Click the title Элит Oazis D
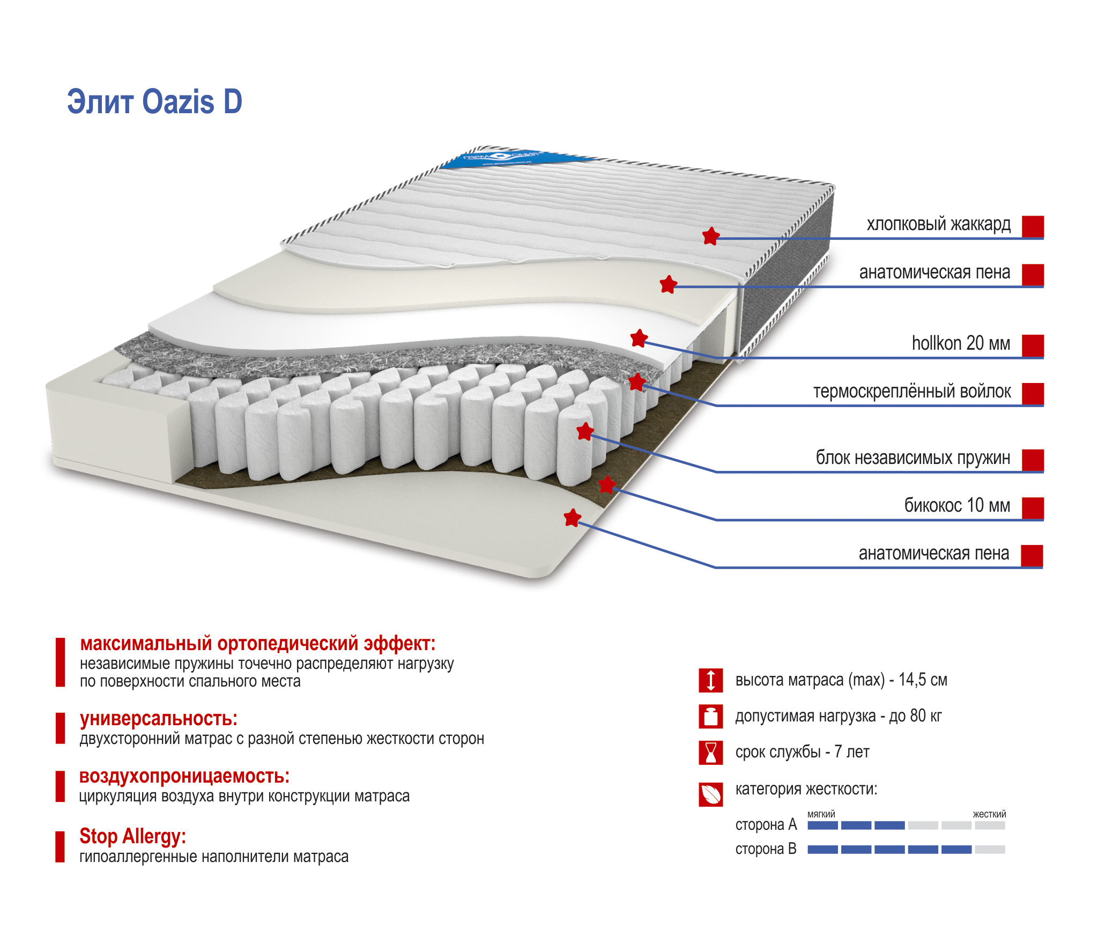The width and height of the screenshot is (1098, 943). [154, 102]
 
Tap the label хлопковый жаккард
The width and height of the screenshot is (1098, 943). [938, 224]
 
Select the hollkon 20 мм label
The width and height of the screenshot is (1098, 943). [961, 343]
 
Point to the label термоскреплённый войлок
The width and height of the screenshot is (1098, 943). [911, 392]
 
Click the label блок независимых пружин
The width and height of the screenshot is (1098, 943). [912, 458]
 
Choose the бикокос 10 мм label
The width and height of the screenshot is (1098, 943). [957, 505]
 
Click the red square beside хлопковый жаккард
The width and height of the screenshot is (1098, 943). [1033, 226]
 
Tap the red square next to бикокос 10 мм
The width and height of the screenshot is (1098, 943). [1033, 508]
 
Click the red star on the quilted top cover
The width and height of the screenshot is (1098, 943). [711, 236]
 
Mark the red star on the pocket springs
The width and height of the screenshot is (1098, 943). [585, 431]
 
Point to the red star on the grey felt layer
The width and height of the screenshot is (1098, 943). [637, 382]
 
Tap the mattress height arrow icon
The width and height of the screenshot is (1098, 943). [711, 680]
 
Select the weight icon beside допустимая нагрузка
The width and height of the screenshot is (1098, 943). [711, 717]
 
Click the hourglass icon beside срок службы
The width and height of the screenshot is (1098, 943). [711, 753]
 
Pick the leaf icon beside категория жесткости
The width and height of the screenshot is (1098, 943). [711, 794]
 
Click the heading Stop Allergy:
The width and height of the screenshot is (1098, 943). [132, 836]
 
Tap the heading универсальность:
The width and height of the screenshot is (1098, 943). [159, 719]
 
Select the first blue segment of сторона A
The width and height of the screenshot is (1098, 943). [822, 826]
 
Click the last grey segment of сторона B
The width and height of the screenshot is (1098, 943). [990, 850]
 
